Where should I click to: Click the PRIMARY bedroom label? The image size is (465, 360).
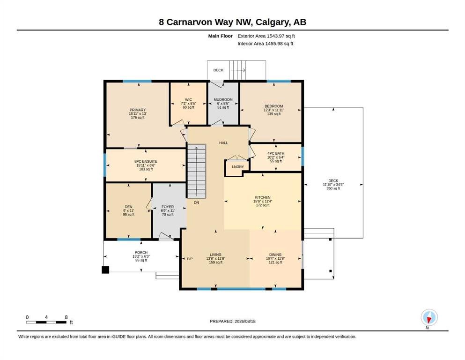click(x=138, y=110)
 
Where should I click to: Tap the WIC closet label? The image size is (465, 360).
click(x=188, y=100)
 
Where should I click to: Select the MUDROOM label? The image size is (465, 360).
click(x=223, y=100)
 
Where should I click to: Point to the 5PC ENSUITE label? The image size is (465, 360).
click(x=146, y=161)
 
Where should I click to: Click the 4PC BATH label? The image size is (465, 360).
click(x=276, y=153)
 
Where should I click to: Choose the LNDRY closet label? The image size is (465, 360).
click(x=238, y=167)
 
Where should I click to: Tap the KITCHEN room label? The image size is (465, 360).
click(x=263, y=197)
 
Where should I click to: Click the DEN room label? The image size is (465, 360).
click(x=128, y=207)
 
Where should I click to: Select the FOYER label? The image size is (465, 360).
click(x=168, y=207)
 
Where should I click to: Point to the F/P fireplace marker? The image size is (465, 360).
click(x=190, y=259)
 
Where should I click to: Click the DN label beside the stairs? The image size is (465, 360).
click(x=196, y=202)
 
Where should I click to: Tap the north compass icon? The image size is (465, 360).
click(x=429, y=317)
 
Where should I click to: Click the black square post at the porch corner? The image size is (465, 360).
click(x=105, y=270)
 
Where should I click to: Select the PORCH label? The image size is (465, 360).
click(x=141, y=253)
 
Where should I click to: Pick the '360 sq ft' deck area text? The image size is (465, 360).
click(x=333, y=188)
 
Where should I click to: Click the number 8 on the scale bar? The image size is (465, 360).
click(x=66, y=317)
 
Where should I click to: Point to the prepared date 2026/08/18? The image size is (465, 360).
click(x=245, y=321)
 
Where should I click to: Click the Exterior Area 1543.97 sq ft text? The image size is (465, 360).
click(x=266, y=36)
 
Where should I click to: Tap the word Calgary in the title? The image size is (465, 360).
click(x=272, y=22)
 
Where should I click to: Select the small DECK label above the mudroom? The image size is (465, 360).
click(x=218, y=70)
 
